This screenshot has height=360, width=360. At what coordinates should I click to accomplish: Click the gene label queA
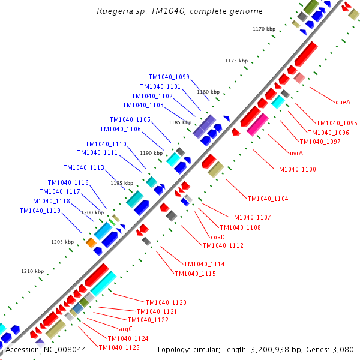[343, 102]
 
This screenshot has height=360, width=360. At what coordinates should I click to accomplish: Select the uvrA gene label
[296, 153]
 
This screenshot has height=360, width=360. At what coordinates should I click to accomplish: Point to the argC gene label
[125, 329]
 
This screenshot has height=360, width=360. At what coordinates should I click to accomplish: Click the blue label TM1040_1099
[169, 77]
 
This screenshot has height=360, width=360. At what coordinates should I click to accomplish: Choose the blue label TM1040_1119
[40, 211]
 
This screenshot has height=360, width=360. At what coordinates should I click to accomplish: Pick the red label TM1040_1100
[295, 169]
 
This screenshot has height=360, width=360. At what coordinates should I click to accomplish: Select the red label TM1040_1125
[119, 347]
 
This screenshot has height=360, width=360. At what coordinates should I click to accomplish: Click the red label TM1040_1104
[268, 199]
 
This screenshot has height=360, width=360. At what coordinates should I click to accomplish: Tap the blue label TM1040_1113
[83, 167]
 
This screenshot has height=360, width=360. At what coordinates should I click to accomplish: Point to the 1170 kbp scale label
[263, 29]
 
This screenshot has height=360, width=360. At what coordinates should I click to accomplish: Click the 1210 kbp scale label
[33, 271]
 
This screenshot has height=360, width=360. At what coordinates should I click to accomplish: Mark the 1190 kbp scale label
[151, 153]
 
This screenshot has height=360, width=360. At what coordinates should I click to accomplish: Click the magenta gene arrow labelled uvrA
[257, 124]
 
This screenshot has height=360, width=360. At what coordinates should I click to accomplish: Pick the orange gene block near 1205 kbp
[91, 242]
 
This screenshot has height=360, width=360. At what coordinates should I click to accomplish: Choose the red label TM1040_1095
[337, 123]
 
